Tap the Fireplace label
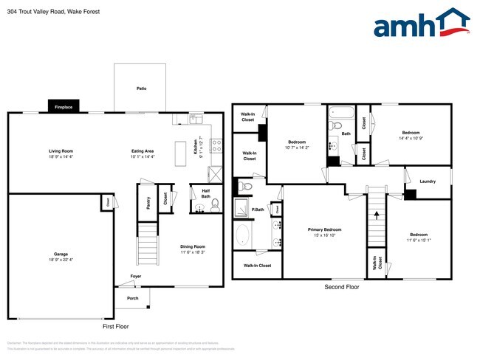click(64, 108)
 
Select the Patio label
click(141, 89)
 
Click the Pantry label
click(148, 202)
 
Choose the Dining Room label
click(193, 246)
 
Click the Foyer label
click(136, 277)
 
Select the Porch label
click(132, 298)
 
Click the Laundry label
click(427, 181)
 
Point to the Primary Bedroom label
click(324, 229)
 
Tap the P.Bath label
click(258, 210)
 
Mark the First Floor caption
click(115, 325)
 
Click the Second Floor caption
click(342, 287)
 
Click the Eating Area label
click(143, 150)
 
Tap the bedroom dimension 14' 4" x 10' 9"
click(411, 138)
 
